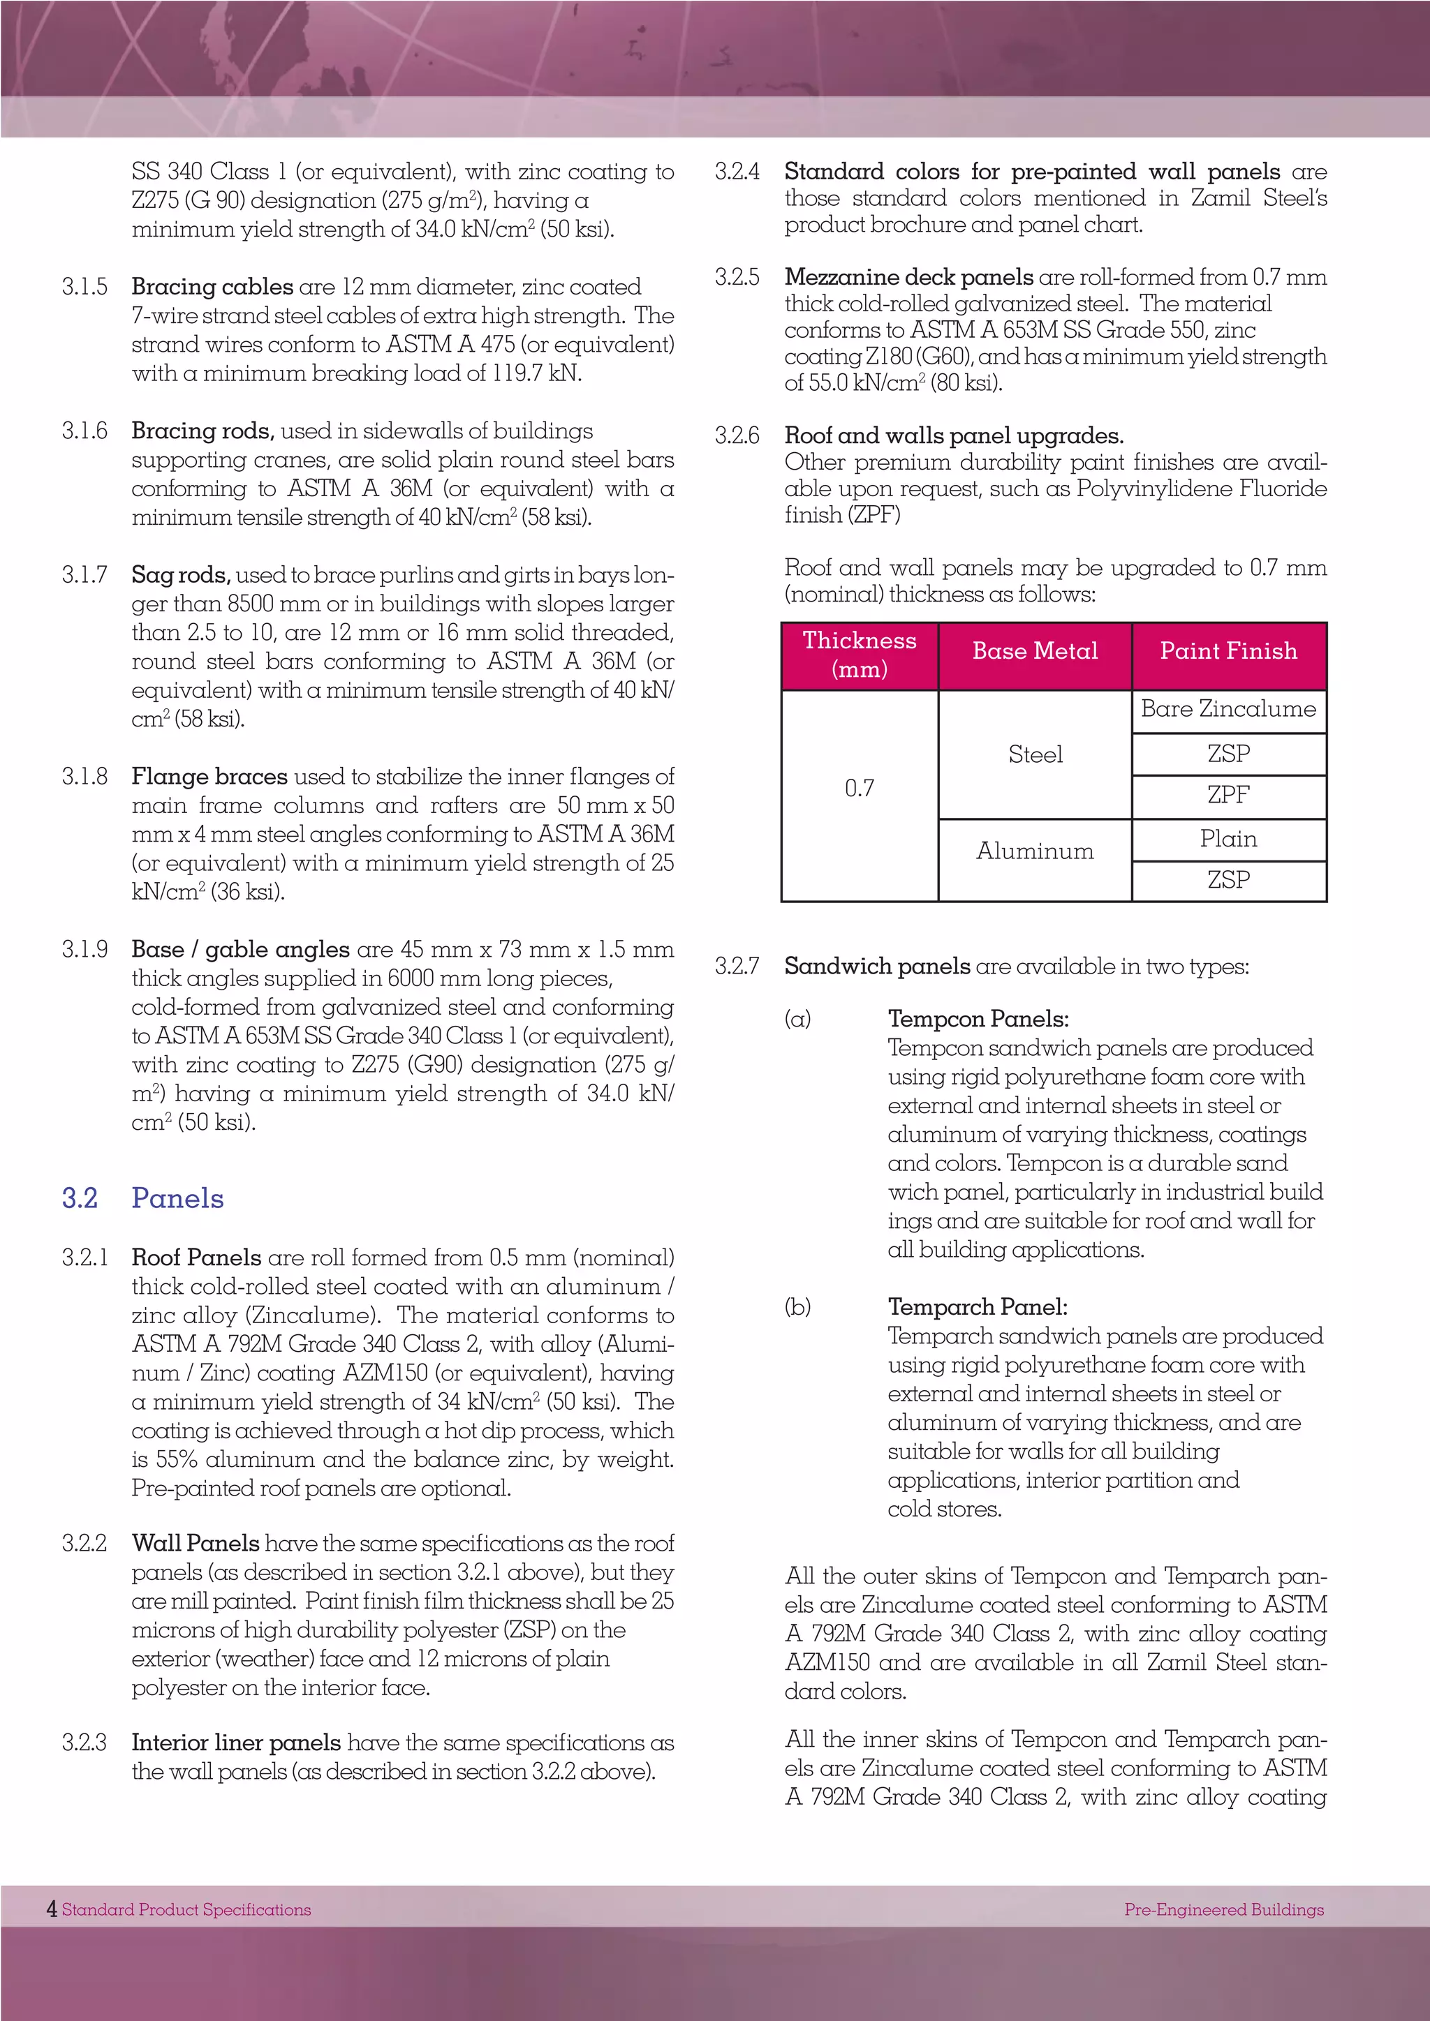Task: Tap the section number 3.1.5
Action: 84,287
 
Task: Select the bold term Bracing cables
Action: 212,287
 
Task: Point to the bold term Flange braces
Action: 209,776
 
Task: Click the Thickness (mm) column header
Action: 860,655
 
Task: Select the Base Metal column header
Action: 1035,651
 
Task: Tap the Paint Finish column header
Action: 1228,651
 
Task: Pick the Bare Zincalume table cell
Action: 1228,710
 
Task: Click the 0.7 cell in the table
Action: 860,789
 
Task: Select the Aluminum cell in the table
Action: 1035,851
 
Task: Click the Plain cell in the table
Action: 1228,840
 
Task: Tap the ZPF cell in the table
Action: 1228,795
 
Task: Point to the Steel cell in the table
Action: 1035,754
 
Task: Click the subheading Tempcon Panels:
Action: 978,1020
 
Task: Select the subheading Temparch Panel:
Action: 978,1307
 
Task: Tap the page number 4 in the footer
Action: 52,1909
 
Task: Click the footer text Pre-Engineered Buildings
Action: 1224,1909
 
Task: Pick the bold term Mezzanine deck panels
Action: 908,277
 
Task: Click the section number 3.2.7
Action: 737,967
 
